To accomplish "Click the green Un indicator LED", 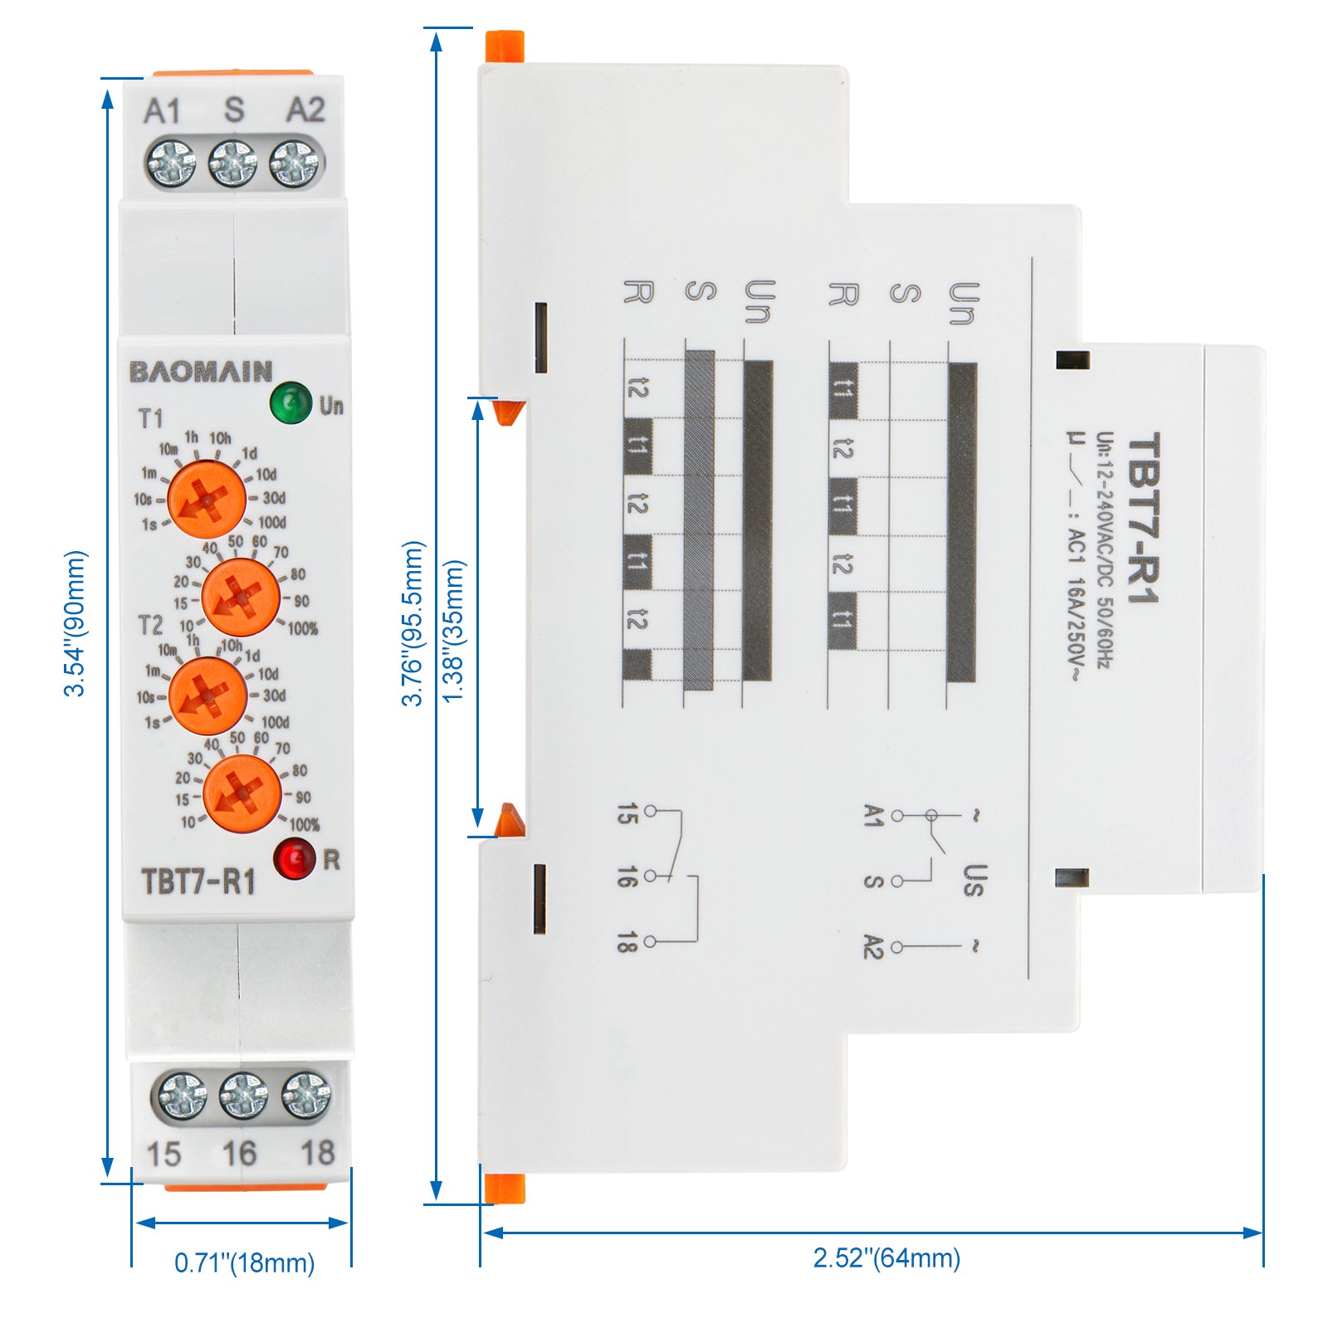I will (290, 403).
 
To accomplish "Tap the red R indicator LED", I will (295, 858).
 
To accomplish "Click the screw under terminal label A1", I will (171, 163).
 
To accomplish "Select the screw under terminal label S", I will (232, 163).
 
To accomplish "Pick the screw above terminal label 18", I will (305, 1095).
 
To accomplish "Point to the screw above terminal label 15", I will (182, 1095).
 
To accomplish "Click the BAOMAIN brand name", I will (201, 371).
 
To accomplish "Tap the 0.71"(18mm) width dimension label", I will (244, 1262).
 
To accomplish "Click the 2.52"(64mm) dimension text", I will (886, 1257).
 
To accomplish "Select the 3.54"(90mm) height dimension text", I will (76, 622).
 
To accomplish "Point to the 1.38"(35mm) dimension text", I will (453, 631).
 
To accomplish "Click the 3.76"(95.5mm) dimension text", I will (413, 622).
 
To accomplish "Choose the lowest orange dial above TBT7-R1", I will (242, 793).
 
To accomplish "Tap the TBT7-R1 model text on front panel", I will (198, 881).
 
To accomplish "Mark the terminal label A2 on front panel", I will (305, 110).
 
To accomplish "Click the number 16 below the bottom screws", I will (239, 1153).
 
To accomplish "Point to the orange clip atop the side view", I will (505, 46).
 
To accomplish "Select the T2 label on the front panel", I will (150, 624).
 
